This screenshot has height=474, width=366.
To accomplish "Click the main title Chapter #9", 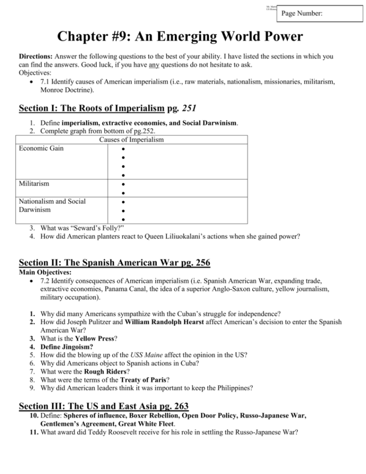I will tap(180, 37).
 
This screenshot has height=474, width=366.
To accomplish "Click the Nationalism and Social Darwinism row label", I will tap(52, 205).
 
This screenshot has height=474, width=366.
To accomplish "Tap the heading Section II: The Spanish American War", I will tap(114, 263).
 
